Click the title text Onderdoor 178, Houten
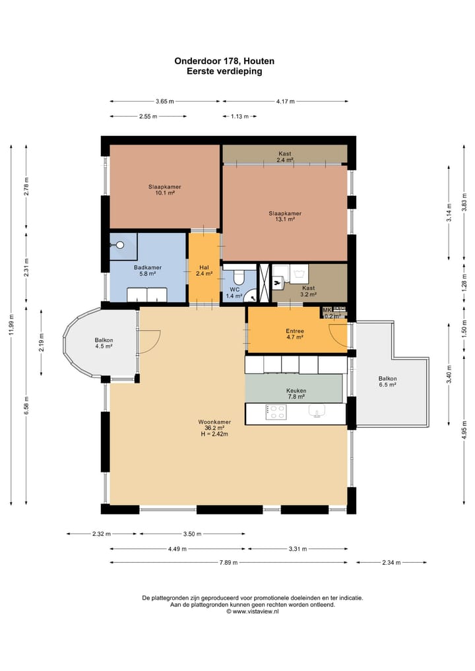tap(224, 61)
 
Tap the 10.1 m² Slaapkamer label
tap(165, 189)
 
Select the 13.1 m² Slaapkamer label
tap(285, 216)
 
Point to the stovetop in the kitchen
tap(276, 412)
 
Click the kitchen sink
tap(317, 411)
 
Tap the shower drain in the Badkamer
tap(120, 245)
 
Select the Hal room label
tap(204, 267)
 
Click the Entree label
tap(295, 331)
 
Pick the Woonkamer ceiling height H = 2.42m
tap(214, 434)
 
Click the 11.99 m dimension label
tap(12, 325)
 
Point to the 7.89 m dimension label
tap(228, 562)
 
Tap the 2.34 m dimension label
tap(392, 562)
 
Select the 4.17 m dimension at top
tap(286, 102)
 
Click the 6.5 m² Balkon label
tap(388, 381)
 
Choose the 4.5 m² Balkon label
tap(104, 343)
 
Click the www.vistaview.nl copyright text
tap(253, 612)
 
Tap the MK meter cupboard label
tap(327, 310)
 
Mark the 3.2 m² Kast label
tap(309, 291)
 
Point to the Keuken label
tap(296, 391)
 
